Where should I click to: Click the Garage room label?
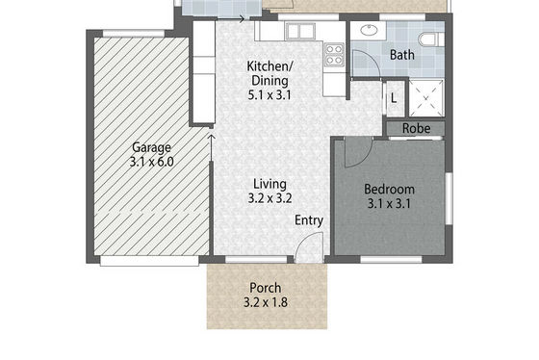[x=152, y=147]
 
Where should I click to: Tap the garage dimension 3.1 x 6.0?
[x=152, y=162]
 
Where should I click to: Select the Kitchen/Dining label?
[x=269, y=73]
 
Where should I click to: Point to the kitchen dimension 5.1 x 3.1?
[x=269, y=94]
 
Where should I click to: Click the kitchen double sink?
[x=300, y=32]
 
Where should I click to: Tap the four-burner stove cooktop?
[x=334, y=55]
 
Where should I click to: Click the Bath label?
[x=402, y=55]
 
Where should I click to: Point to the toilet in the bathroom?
[x=429, y=39]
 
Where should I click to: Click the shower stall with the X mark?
[x=426, y=98]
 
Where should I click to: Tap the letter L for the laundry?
[x=394, y=99]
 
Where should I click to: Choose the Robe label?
[x=416, y=129]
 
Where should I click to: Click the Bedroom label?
[x=389, y=190]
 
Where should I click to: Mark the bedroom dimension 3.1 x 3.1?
[x=389, y=203]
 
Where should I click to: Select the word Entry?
[x=309, y=220]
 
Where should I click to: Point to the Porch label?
[x=266, y=288]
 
